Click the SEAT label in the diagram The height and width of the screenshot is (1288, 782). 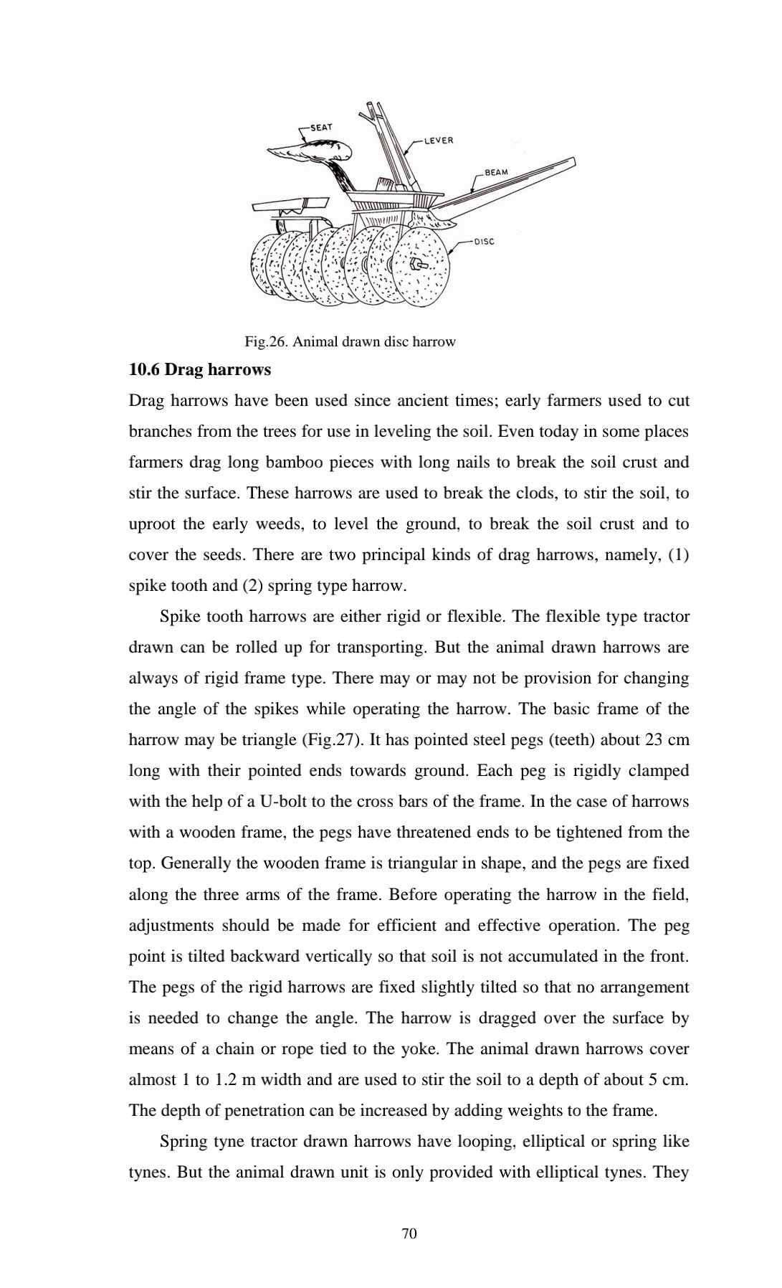(x=320, y=127)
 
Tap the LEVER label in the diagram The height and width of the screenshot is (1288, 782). (x=439, y=141)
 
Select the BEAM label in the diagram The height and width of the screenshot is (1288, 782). (x=497, y=172)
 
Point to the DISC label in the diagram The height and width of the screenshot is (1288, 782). (x=485, y=242)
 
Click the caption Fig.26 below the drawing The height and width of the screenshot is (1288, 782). (x=350, y=341)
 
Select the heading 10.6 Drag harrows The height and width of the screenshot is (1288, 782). (x=200, y=370)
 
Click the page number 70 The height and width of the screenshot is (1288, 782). (x=409, y=1233)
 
